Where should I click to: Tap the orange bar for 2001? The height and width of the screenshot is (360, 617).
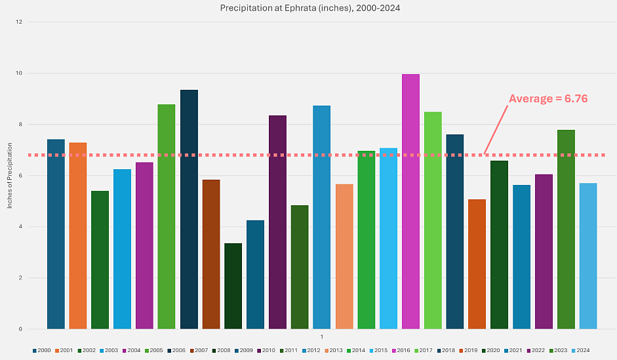(77, 235)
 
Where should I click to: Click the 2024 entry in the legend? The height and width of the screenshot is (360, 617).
(580, 351)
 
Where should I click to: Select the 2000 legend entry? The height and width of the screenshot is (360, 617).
(42, 351)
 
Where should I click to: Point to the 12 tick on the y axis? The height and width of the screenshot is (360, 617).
(19, 22)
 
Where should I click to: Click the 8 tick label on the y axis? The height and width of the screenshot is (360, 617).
(20, 125)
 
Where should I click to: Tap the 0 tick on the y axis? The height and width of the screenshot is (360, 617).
(20, 329)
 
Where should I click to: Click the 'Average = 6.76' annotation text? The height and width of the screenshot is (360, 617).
(548, 99)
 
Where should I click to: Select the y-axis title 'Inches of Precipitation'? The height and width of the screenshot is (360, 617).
(10, 176)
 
